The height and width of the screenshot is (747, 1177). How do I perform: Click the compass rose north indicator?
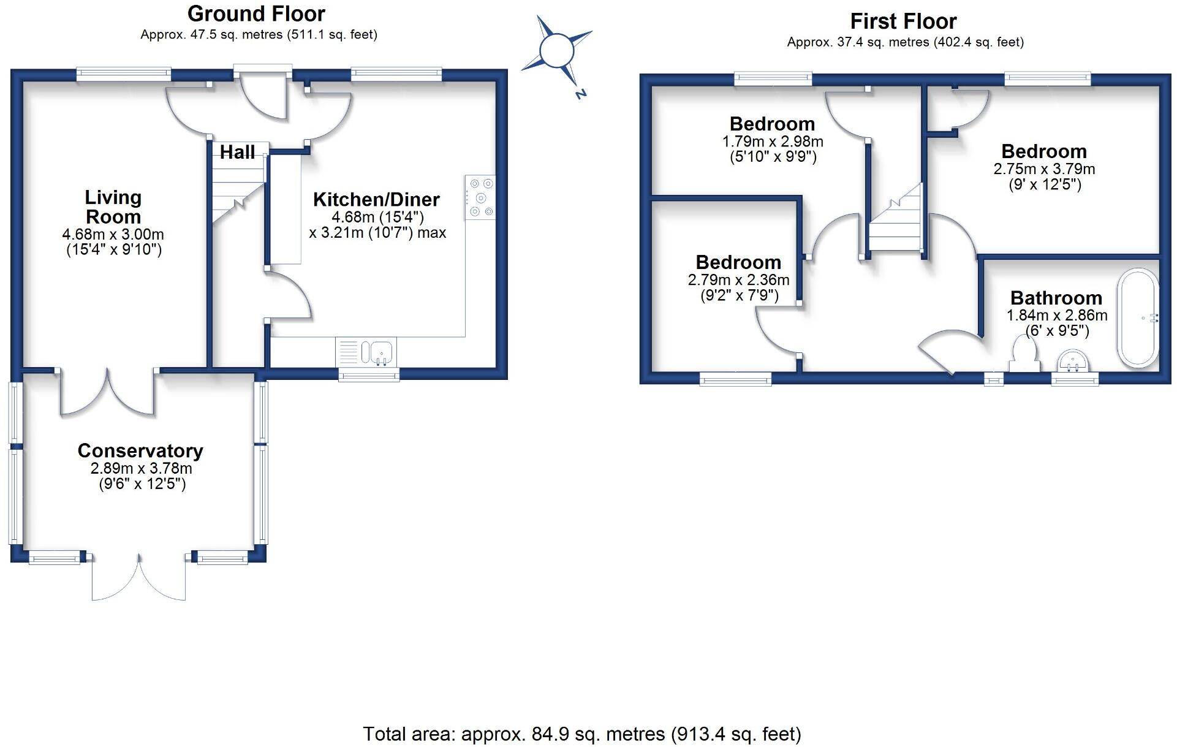(x=580, y=94)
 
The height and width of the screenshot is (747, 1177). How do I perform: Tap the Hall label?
(x=237, y=153)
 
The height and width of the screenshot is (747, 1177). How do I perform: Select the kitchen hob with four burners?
(x=480, y=197)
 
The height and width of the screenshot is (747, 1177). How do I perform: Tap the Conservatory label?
(x=140, y=451)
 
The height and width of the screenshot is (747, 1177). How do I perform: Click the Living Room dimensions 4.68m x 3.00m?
(x=113, y=234)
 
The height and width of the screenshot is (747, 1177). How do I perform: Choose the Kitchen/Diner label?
(x=376, y=200)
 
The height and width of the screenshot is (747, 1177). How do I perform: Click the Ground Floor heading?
(x=256, y=13)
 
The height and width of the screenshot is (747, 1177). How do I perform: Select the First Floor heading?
(x=903, y=21)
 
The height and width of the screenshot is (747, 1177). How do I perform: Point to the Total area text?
(x=581, y=734)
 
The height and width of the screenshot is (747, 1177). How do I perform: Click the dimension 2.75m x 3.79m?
(x=1044, y=169)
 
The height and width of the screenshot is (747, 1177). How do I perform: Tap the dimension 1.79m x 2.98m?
(x=772, y=142)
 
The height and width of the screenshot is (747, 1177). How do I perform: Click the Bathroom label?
(x=1056, y=298)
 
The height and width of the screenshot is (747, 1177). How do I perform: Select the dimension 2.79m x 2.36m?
(x=738, y=280)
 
